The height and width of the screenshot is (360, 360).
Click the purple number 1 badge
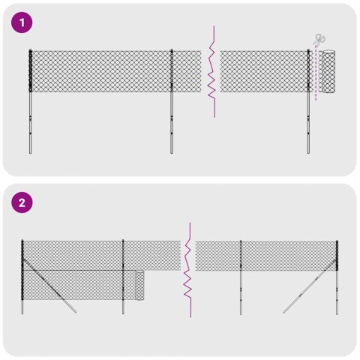pos(24,23)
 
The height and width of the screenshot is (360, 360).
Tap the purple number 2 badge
pos(24,202)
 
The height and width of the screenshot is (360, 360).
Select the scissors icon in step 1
pos(320,40)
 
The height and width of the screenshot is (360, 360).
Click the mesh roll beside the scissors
pos(328,71)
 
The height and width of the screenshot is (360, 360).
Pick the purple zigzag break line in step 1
pos(214,71)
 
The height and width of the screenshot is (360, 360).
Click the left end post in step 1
pos(31,105)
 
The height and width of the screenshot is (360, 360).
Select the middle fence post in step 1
pos(172,105)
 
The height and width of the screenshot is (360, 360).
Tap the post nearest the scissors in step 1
pos(308,105)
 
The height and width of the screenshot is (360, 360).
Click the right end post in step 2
pos(337,277)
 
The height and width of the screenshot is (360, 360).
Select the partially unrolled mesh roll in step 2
pos(139,285)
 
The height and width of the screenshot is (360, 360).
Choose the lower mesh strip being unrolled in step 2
pos(82,285)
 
